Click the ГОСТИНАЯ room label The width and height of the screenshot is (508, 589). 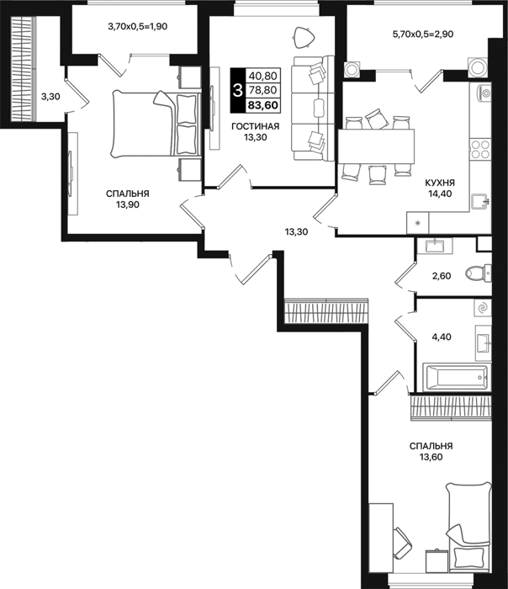point(256,126)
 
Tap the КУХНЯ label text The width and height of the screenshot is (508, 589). point(440,183)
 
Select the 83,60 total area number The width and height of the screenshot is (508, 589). point(262,105)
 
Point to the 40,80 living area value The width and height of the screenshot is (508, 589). point(262,76)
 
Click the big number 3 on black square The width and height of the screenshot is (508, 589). point(237,91)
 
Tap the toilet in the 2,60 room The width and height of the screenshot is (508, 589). point(478,273)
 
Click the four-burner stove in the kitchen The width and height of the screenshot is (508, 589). point(480,149)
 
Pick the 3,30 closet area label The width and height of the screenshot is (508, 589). point(50,97)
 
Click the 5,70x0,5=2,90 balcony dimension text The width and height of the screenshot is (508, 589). point(423,34)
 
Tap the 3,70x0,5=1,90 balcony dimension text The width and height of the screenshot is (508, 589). point(137,26)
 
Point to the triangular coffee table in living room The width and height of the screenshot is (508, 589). point(304,38)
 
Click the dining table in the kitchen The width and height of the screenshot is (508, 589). point(376,146)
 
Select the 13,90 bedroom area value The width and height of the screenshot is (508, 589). point(128,204)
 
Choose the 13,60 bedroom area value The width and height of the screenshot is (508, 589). point(431,457)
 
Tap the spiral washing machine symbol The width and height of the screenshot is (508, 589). point(482,309)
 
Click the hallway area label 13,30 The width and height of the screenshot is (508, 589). point(296,232)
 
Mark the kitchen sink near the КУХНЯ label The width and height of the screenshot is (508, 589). point(480,202)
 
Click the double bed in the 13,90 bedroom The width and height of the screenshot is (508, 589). point(155,124)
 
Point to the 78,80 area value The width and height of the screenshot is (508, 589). point(262,90)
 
